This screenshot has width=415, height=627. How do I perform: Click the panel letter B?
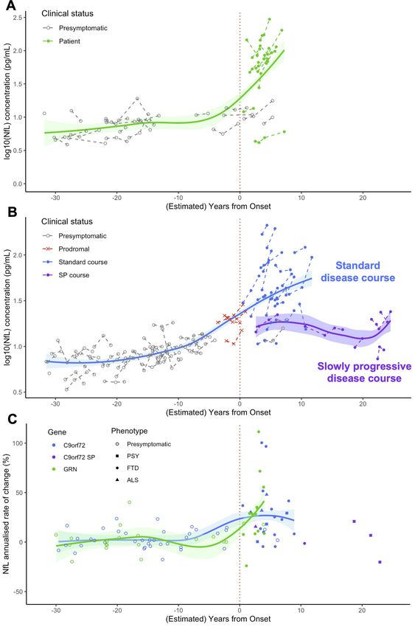tap(12, 212)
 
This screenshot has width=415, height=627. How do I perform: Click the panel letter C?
tap(12, 419)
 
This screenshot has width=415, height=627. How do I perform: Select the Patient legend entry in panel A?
tap(61, 41)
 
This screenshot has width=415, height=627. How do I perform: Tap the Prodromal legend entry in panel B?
tap(66, 249)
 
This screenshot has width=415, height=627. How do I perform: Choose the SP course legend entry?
tap(66, 275)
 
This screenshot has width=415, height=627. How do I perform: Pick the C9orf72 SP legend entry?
tap(74, 457)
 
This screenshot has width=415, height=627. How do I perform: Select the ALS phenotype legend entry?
tap(127, 480)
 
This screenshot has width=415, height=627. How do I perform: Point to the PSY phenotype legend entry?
tap(127, 456)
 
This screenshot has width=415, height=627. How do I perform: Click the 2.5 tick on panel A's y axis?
tap(18, 18)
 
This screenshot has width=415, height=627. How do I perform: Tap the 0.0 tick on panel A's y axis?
tap(18, 184)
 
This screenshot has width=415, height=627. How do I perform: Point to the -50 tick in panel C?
tap(17, 592)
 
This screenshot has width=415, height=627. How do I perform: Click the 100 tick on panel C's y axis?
tap(17, 443)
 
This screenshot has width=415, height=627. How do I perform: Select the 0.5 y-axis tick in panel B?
tap(18, 392)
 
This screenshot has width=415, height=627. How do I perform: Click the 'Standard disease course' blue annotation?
tap(358, 271)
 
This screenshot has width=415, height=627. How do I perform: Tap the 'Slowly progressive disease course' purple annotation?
tap(364, 373)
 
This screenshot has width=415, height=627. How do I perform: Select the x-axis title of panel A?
tap(218, 207)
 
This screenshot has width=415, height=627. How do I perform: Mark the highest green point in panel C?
tap(259, 432)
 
